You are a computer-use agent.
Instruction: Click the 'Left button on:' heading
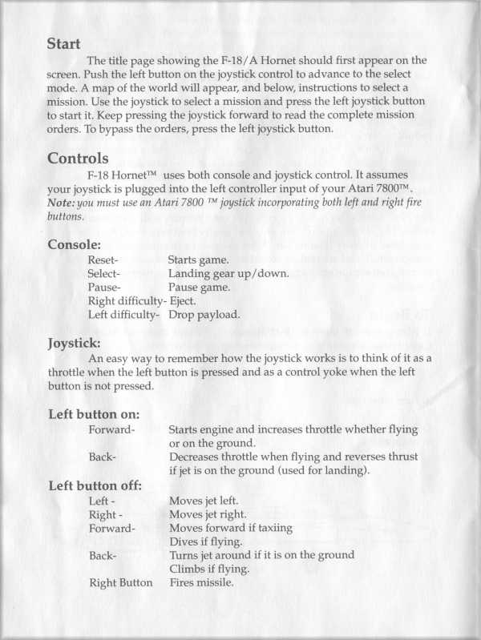pos(95,415)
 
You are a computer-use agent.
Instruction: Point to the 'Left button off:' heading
pos(95,485)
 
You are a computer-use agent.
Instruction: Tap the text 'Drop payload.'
pos(204,314)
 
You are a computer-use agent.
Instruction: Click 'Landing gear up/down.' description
pos(228,273)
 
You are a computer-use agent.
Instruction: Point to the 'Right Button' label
pos(120,582)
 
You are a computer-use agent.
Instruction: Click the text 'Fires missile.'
pos(201,582)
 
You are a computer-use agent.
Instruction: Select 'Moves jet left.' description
pos(204,501)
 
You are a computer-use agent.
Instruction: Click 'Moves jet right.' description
pos(208,514)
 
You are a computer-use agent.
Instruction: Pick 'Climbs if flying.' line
pos(210,569)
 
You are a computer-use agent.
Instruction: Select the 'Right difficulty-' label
pos(126,300)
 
